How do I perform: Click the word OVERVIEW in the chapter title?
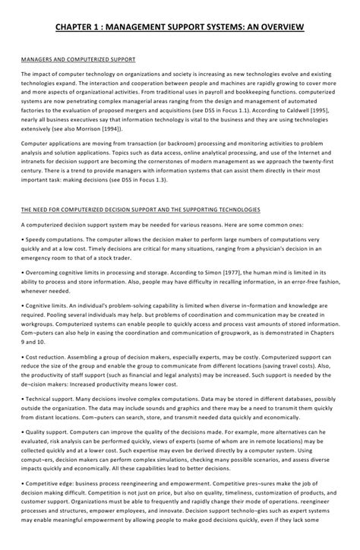click(x=279, y=28)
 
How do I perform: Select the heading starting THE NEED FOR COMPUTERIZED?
click(x=141, y=208)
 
